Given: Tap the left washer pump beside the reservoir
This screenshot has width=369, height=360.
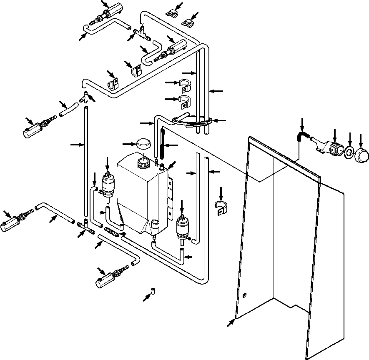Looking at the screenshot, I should click(108, 186).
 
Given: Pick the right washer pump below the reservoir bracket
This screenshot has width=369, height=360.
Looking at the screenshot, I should click(183, 227).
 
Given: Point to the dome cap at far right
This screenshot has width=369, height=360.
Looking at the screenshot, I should click(362, 155).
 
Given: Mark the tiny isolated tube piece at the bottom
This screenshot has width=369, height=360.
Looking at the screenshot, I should click(153, 290).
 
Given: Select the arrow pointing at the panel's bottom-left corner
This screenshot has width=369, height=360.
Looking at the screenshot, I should click(230, 323).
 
